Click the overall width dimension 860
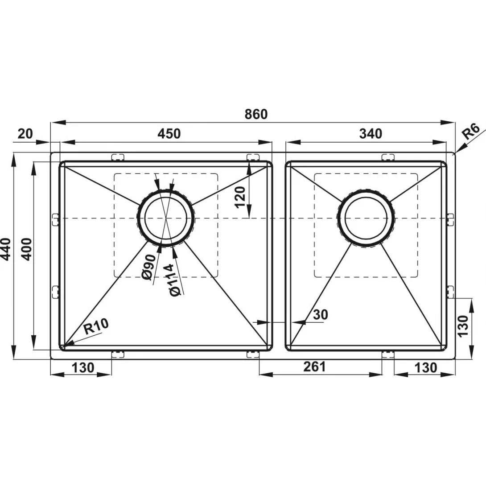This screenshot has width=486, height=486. [x=256, y=114]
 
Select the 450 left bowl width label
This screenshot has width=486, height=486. [x=169, y=134]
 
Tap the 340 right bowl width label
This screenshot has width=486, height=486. [x=371, y=134]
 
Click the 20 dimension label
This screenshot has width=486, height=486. [x=25, y=134]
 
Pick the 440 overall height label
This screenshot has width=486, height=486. [x=6, y=250]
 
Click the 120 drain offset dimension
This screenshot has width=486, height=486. [x=240, y=198]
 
